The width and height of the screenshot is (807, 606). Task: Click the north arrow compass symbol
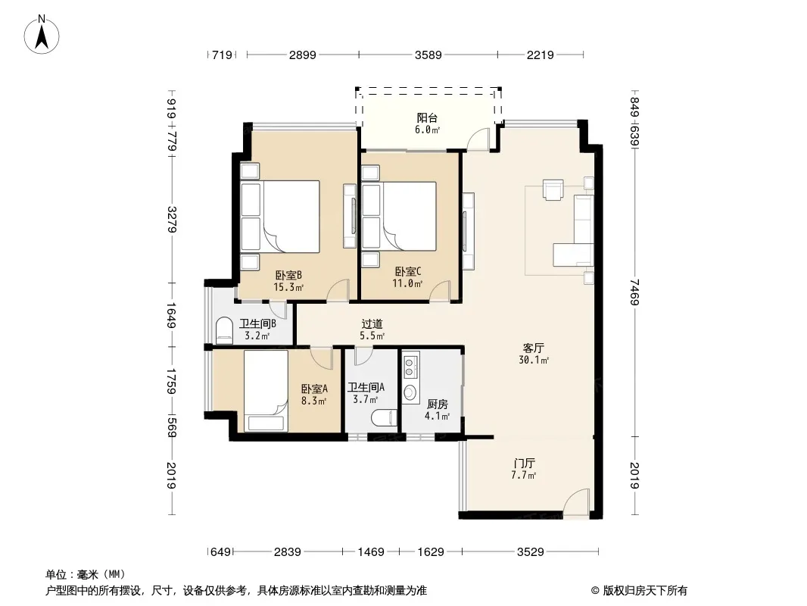click(42, 35)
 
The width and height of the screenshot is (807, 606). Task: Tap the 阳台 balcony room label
click(427, 118)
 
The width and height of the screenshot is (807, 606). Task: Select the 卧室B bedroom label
click(288, 275)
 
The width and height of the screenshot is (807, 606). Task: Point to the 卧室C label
click(408, 271)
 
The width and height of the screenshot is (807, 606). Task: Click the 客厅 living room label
click(533, 348)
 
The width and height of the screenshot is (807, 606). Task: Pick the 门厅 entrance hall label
click(524, 463)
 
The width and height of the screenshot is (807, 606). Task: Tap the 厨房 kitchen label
click(438, 405)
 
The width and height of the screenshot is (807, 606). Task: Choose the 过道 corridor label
click(372, 324)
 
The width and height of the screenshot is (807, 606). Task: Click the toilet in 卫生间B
click(223, 330)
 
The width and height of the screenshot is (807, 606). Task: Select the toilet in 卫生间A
click(384, 417)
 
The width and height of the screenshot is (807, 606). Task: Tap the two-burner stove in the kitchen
click(410, 366)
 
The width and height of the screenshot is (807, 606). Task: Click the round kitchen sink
click(410, 393)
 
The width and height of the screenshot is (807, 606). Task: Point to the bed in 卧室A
click(266, 391)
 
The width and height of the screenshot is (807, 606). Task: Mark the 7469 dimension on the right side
click(635, 292)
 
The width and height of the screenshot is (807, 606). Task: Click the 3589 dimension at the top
click(428, 55)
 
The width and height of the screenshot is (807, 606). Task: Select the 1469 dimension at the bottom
click(371, 552)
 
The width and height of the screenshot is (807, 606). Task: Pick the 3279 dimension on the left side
click(172, 220)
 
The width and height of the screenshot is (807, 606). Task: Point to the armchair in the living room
click(553, 189)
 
